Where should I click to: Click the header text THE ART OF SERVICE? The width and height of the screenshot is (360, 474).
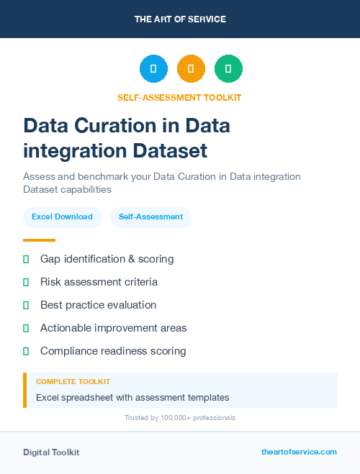[x=180, y=19]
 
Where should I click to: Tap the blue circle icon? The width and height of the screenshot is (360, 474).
[x=153, y=69]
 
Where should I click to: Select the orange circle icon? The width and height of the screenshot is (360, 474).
[x=191, y=69]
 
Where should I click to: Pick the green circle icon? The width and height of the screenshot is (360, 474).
[x=228, y=69]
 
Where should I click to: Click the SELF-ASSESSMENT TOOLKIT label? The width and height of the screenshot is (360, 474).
[x=180, y=97]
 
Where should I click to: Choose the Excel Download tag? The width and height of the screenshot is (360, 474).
[x=62, y=217]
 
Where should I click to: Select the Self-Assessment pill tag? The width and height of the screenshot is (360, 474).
[x=150, y=217]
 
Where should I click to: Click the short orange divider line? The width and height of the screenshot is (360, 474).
[x=39, y=240]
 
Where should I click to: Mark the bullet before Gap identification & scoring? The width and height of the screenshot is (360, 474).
[x=26, y=259]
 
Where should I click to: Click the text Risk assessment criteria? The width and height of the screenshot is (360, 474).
[x=99, y=282]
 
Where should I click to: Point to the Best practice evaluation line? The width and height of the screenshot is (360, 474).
[x=98, y=305]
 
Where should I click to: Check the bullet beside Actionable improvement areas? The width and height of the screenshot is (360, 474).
[x=26, y=328]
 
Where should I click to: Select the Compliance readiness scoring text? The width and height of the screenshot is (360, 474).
[x=113, y=351]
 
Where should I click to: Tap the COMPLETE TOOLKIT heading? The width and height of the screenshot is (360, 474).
[x=73, y=382]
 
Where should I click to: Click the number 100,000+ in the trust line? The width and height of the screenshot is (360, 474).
[x=175, y=418]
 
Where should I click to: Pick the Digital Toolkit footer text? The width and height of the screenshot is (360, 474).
[x=51, y=452]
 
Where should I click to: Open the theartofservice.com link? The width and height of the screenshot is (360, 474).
[x=299, y=452]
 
